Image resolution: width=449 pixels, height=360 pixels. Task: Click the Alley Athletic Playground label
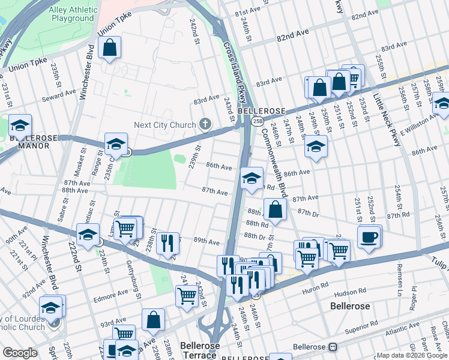(x=64, y=14)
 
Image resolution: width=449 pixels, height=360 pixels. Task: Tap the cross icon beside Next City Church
(x=205, y=125)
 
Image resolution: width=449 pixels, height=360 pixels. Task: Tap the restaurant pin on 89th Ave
(x=168, y=243)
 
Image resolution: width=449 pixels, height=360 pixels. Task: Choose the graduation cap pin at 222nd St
(x=88, y=235)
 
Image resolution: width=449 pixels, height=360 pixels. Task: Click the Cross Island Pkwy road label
(x=235, y=72)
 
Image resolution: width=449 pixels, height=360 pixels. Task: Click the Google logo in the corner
(x=20, y=353)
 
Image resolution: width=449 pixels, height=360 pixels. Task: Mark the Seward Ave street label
(x=59, y=94)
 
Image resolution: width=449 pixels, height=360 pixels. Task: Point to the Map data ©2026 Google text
(x=412, y=355)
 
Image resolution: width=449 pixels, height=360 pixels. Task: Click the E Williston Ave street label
(x=421, y=127)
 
